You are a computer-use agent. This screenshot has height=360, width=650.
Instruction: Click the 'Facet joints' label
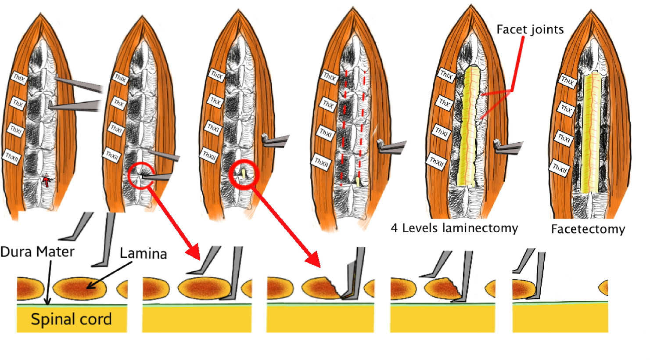coord(530,30)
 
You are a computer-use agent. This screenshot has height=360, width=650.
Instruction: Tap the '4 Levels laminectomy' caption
coord(454,228)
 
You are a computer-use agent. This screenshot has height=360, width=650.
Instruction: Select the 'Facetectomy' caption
coord(588,229)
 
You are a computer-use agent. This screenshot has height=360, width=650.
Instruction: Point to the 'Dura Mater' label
coord(37,252)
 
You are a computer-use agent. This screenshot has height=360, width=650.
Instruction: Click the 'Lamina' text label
coord(143,253)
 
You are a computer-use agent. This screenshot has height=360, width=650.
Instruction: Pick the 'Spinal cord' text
coord(71,319)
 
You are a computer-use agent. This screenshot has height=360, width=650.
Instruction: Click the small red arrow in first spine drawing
coord(46,180)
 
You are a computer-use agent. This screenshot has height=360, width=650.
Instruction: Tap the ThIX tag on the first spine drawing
coord(20,79)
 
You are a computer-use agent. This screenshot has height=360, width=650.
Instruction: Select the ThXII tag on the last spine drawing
coord(560,168)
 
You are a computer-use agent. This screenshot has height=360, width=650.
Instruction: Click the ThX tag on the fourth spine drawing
coord(329,104)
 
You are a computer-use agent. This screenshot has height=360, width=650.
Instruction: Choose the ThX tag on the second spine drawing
coord(119,103)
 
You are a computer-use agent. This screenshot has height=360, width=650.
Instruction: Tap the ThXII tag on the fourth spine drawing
coord(322,162)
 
